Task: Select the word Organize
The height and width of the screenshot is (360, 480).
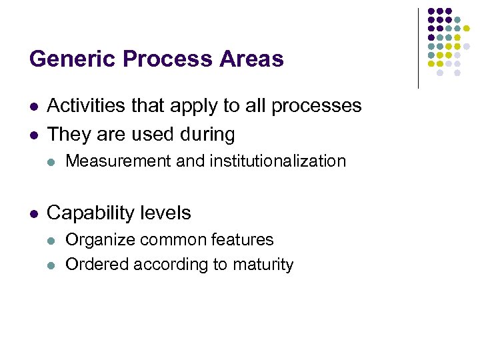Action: pos(97,240)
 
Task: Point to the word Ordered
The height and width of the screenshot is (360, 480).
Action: pos(97,265)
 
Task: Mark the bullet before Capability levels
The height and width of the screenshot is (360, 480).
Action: pos(33,214)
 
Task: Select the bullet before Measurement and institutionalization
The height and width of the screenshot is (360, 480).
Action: pos(53,161)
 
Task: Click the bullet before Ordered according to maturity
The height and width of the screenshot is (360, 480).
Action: pos(53,265)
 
